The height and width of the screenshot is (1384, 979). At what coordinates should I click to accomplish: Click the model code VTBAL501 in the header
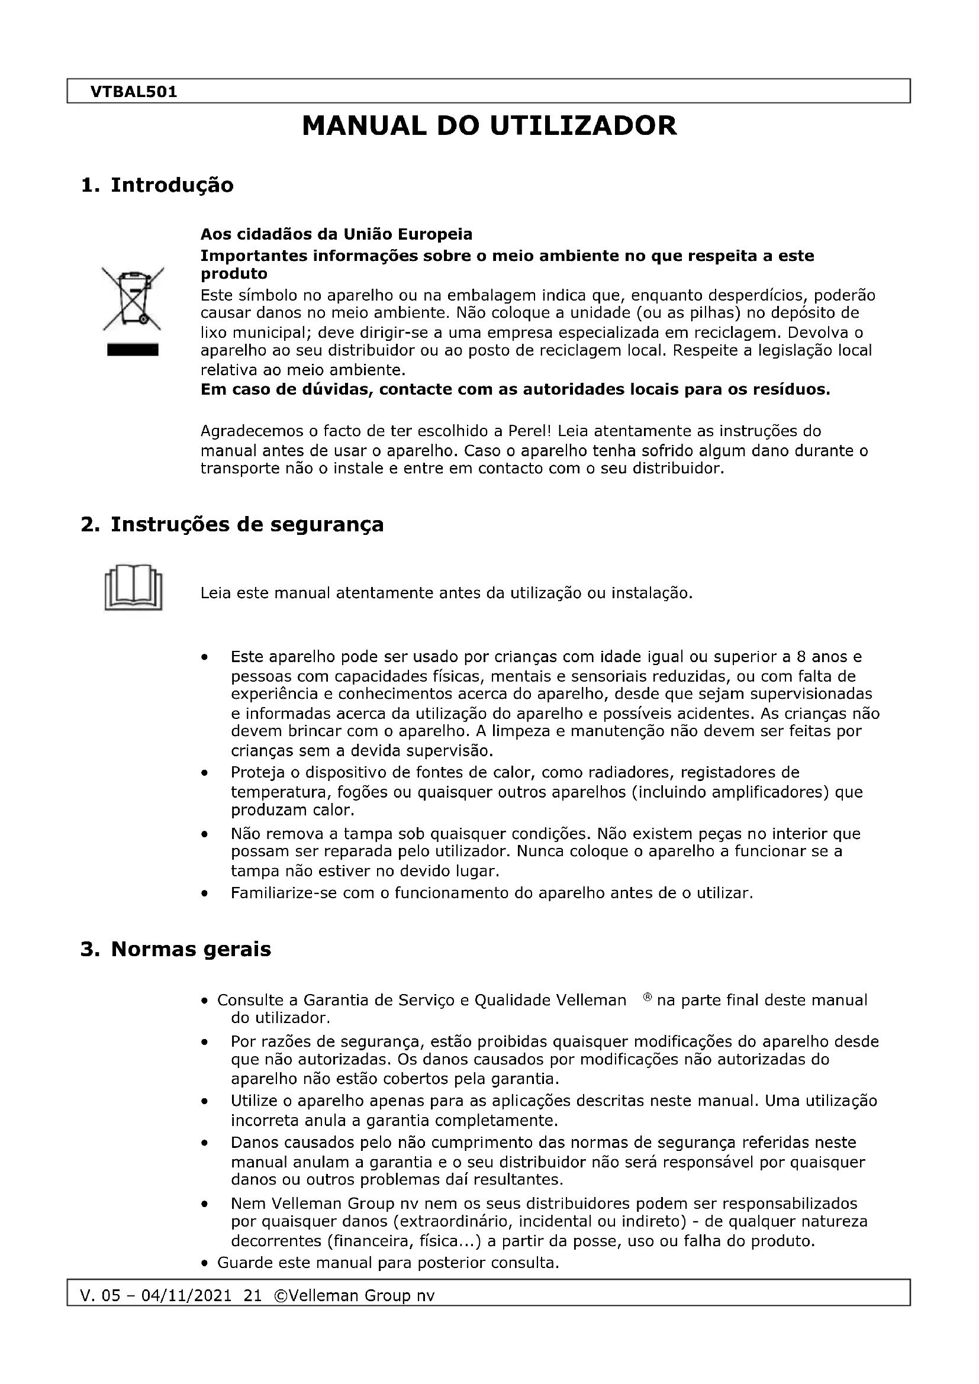coord(133,92)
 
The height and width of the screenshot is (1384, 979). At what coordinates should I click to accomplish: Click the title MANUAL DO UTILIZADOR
coord(489,126)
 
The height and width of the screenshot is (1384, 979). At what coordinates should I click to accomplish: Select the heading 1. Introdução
coord(157,185)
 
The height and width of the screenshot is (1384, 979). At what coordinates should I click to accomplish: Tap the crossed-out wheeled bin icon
coord(133,299)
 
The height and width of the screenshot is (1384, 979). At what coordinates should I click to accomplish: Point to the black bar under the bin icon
coord(133,350)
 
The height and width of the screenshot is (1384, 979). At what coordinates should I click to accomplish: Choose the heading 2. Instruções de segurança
coord(232,524)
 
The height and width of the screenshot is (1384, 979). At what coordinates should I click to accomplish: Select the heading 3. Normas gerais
coord(175,949)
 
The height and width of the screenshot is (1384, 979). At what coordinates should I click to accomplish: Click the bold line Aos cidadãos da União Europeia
coord(336,234)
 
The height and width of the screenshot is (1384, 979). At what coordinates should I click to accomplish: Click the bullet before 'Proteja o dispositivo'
coord(205,773)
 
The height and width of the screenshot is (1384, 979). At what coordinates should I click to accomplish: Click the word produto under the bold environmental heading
coord(234,275)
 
